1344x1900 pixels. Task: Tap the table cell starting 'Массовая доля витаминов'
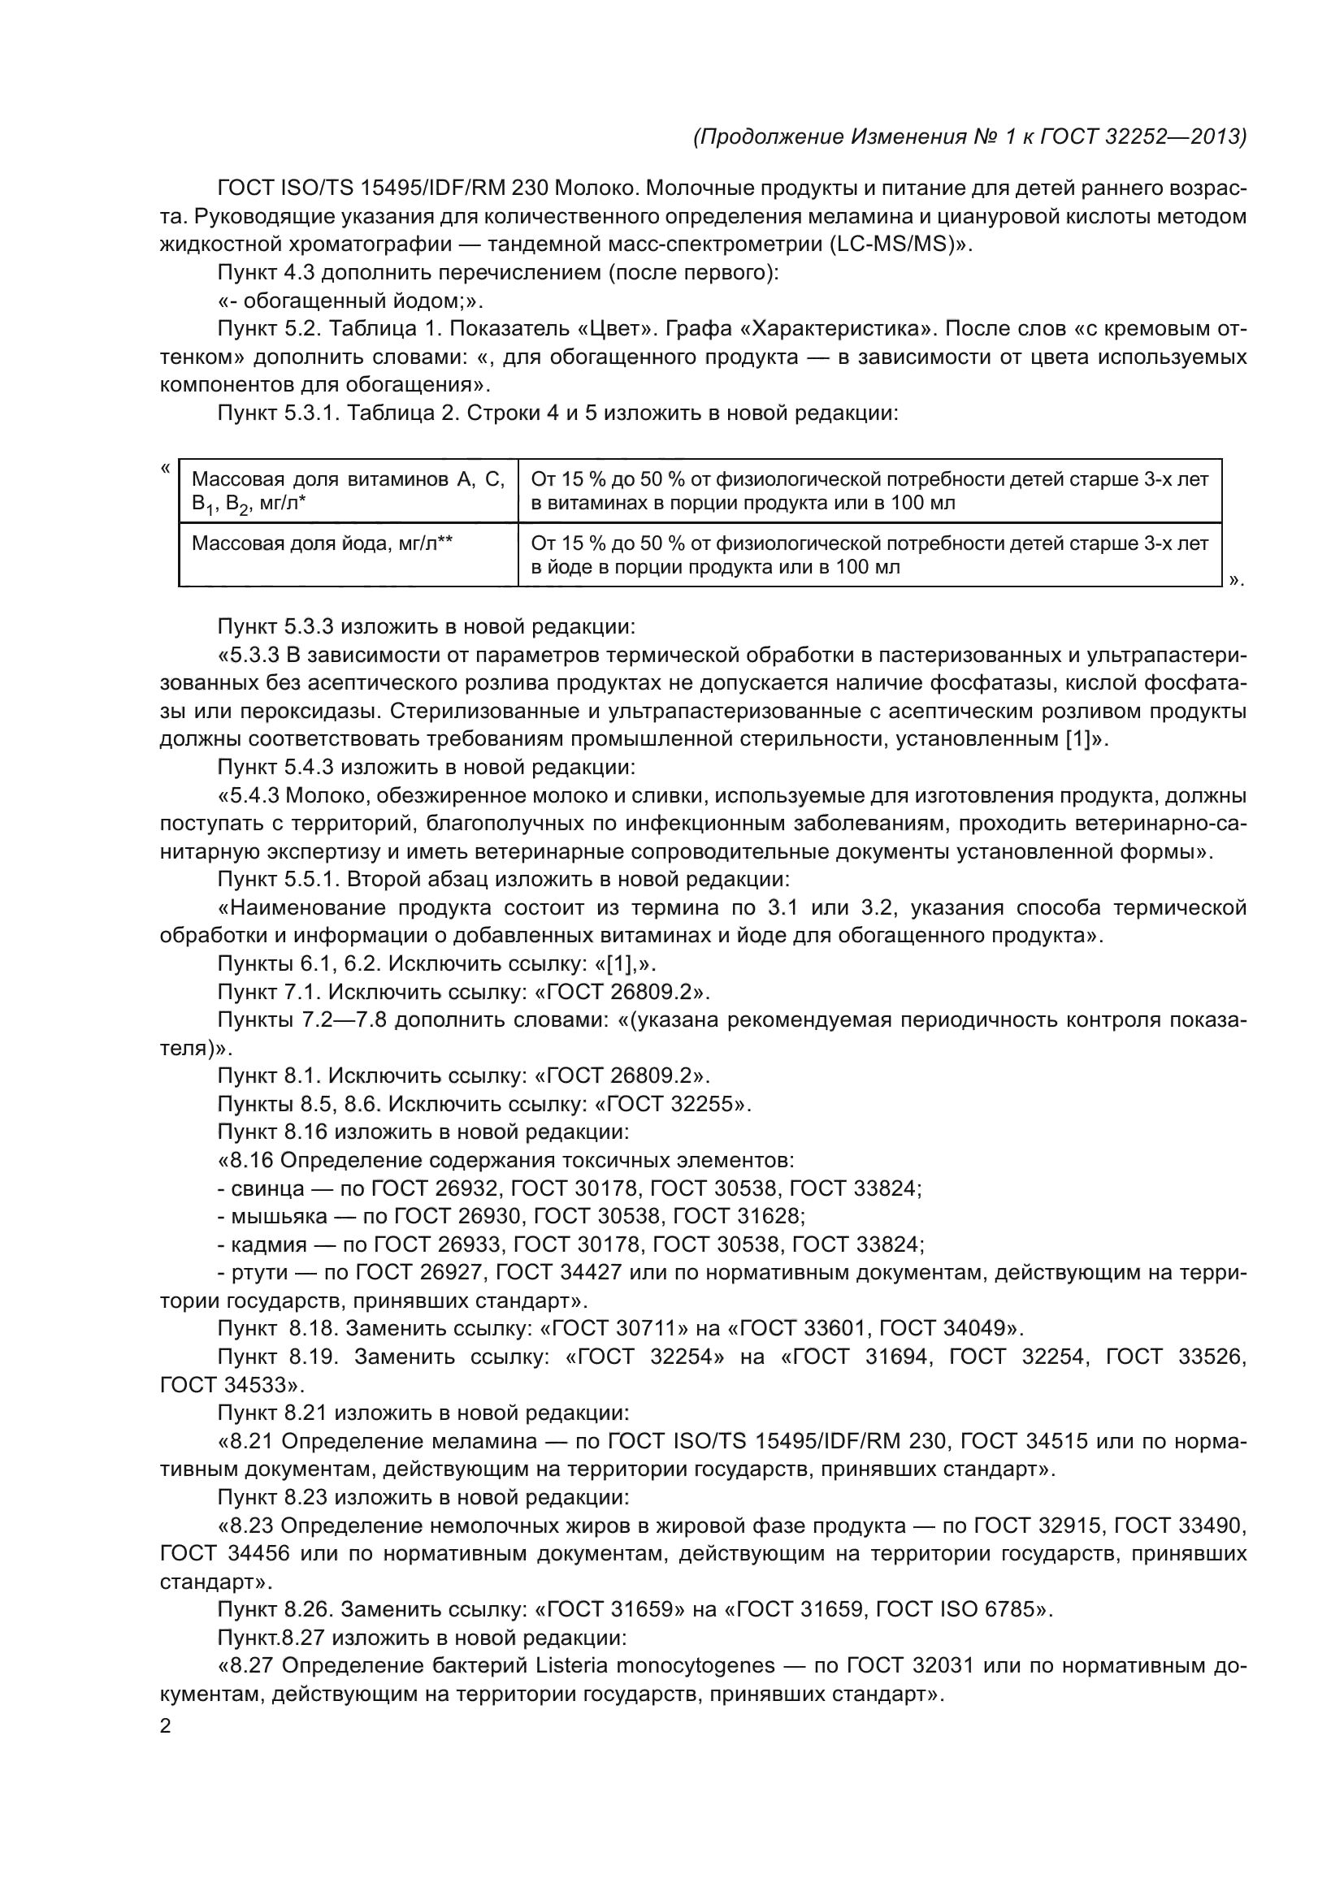point(348,491)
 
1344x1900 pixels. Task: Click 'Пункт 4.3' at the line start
point(266,273)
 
